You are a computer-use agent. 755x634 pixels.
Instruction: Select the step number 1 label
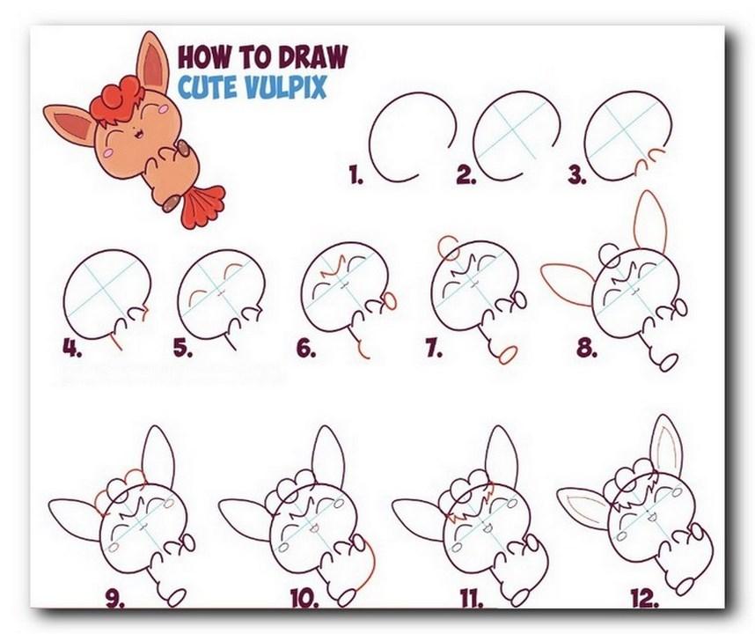click(356, 175)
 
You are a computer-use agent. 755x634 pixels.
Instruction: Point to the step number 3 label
click(577, 175)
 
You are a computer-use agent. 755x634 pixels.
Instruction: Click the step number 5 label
click(183, 348)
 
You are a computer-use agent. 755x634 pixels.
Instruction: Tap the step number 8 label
click(587, 348)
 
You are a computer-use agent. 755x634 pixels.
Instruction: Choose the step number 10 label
click(304, 599)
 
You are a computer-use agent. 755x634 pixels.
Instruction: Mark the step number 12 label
click(645, 599)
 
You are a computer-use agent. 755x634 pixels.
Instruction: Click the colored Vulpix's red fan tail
click(202, 206)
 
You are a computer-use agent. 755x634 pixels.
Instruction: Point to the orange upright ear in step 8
click(651, 222)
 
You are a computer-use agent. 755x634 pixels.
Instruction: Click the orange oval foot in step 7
click(508, 355)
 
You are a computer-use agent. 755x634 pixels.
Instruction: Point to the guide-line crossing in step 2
click(513, 129)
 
